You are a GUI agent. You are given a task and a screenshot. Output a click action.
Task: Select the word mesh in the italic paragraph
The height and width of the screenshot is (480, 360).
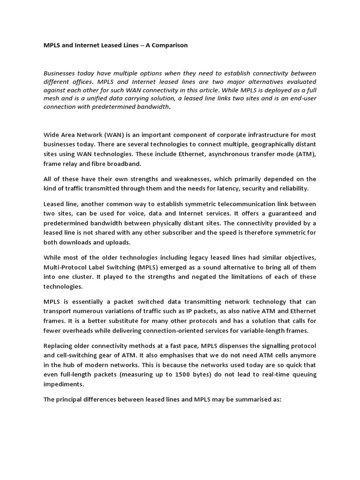pos(53,98)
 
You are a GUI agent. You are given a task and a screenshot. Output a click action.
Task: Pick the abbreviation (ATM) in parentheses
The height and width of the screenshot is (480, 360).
pos(304,155)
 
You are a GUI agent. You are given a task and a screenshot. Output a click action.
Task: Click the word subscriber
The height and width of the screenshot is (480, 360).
pos(203,233)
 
